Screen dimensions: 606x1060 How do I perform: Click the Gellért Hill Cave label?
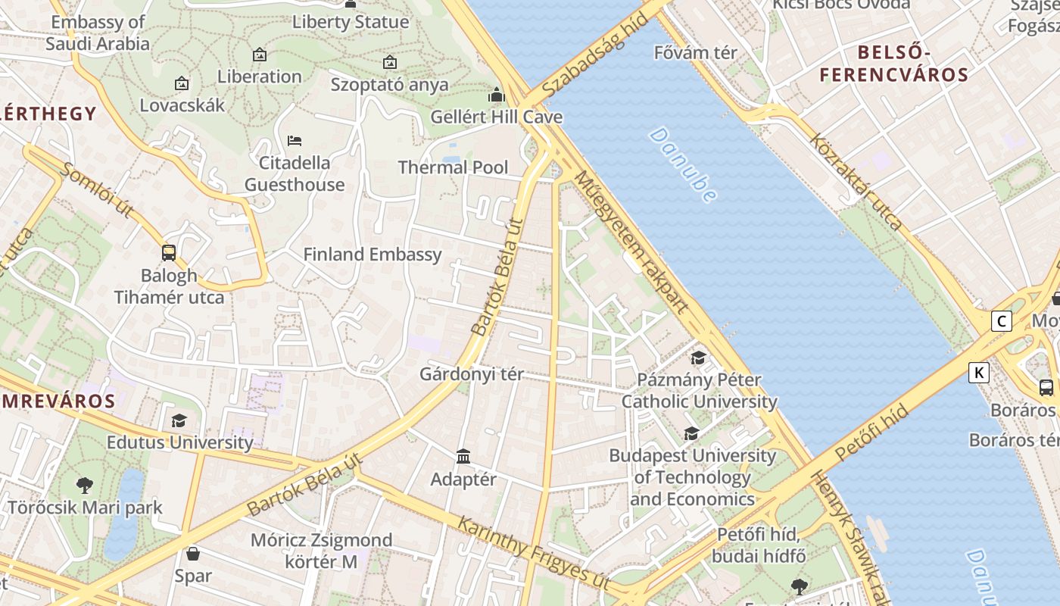(496, 117)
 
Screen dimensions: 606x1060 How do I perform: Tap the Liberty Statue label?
(351, 22)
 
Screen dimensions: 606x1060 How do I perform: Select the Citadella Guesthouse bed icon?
(295, 141)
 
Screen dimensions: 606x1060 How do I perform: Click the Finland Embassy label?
(373, 255)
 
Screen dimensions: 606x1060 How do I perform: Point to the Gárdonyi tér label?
(472, 374)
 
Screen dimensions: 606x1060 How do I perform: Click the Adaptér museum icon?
(463, 457)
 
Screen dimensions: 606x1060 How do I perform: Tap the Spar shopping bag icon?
(193, 554)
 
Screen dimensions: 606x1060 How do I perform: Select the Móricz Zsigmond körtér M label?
(322, 551)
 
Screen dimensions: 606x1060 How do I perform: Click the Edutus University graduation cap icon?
(179, 420)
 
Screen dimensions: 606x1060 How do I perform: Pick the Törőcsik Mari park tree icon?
(85, 485)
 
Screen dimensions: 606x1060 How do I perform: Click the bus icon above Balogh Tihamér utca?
(169, 253)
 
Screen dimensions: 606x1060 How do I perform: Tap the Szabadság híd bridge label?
(596, 54)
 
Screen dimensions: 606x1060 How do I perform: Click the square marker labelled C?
(1002, 321)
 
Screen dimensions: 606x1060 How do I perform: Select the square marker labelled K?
(979, 373)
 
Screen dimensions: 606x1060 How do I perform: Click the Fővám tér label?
(695, 53)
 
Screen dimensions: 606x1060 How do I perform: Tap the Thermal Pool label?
(453, 167)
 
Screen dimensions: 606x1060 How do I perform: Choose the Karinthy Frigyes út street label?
(535, 550)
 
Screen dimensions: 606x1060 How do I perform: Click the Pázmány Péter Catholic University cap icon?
(698, 358)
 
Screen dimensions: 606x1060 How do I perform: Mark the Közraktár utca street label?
(856, 182)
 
